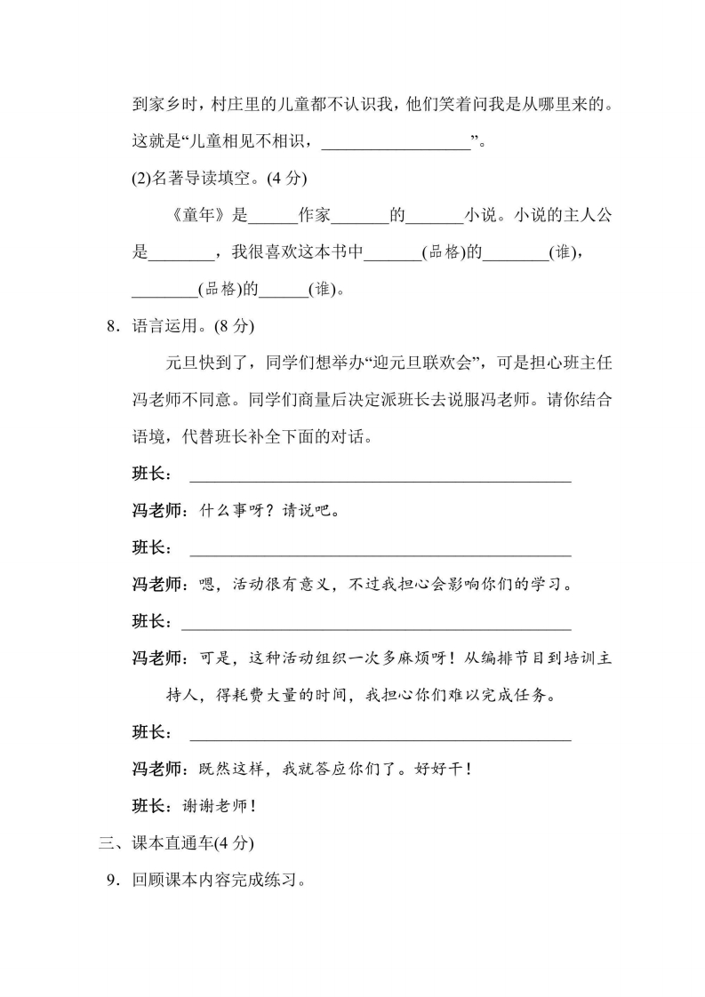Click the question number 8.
point(111,326)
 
